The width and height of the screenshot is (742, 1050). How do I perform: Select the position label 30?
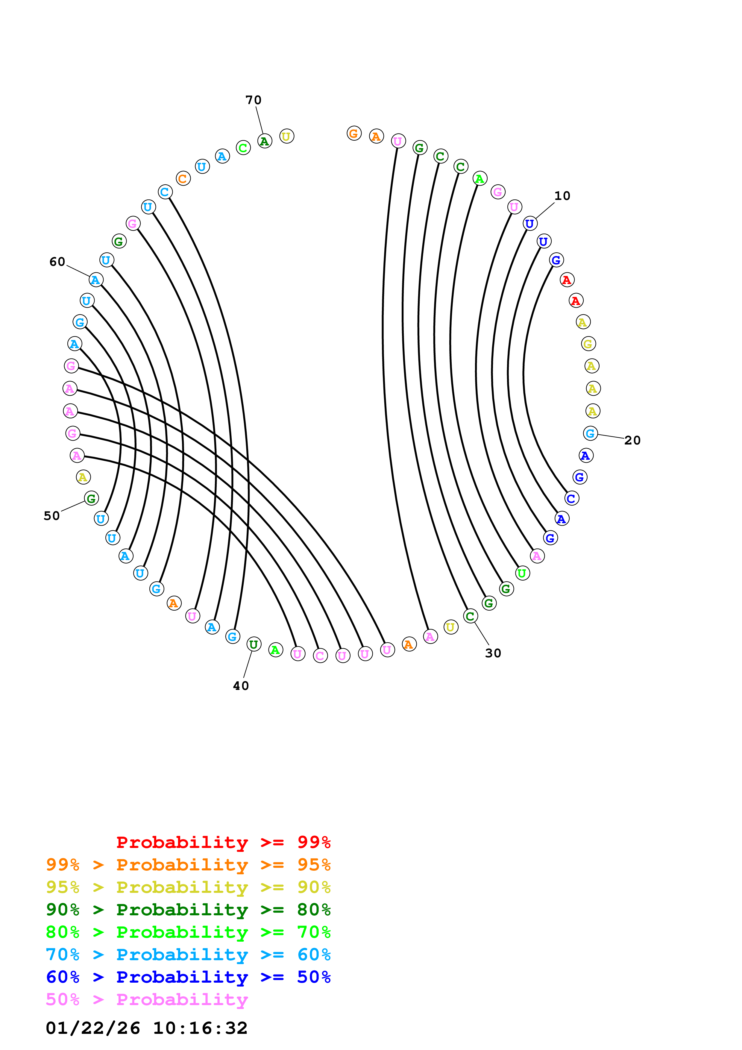(x=493, y=653)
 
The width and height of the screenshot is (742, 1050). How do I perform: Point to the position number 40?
(x=241, y=686)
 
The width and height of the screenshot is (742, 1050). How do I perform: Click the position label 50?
(x=52, y=516)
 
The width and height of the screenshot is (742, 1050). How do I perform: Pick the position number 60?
(x=57, y=262)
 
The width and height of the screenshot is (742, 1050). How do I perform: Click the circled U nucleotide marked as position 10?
(x=530, y=224)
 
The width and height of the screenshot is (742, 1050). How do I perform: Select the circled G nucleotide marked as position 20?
(x=590, y=433)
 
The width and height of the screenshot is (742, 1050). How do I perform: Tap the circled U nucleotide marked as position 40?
(x=254, y=644)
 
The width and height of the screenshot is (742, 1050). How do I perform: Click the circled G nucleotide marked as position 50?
(x=91, y=498)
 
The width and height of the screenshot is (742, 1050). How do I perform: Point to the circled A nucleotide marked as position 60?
(x=95, y=280)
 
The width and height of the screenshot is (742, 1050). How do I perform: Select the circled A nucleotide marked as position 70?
(x=265, y=141)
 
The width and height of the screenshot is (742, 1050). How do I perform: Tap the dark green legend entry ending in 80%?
(x=188, y=910)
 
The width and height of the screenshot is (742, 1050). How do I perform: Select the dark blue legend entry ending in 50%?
(x=188, y=977)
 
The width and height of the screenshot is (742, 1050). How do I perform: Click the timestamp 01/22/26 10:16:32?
(x=146, y=1028)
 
